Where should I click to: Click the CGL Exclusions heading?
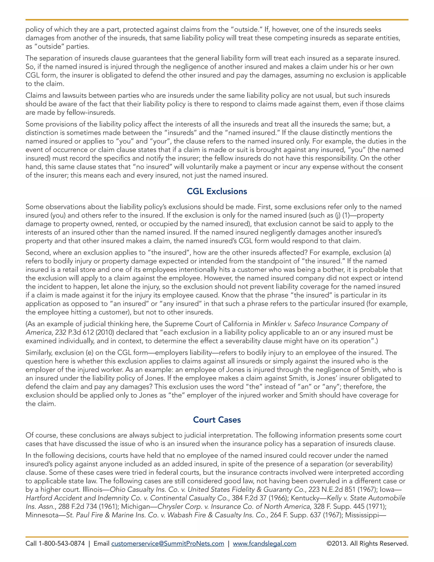[x=217, y=191]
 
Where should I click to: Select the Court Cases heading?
[x=217, y=420]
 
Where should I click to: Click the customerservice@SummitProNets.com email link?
[x=168, y=544]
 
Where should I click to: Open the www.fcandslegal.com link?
[x=264, y=544]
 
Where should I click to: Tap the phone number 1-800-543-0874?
[x=61, y=544]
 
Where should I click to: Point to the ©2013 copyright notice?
[x=367, y=544]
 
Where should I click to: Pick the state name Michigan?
[x=135, y=506]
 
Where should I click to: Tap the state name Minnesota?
[x=42, y=515]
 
